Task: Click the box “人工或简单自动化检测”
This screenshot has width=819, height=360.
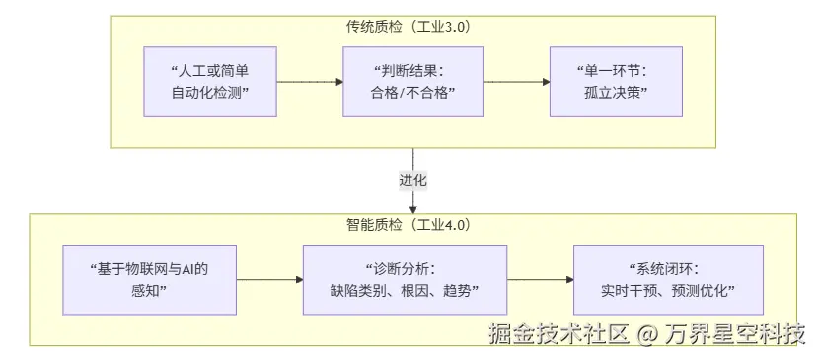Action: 210,83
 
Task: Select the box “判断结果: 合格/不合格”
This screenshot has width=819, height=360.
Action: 411,83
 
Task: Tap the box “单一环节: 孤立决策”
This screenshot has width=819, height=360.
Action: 616,83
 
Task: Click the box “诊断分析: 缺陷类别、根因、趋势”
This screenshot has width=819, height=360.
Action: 404,278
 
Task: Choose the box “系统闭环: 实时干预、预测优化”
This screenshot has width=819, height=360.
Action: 669,278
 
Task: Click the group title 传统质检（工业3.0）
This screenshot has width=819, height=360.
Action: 413,28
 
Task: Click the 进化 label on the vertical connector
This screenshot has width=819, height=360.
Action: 413,181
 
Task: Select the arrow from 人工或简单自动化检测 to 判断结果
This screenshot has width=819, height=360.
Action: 308,83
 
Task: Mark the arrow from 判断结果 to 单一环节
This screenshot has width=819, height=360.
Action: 514,83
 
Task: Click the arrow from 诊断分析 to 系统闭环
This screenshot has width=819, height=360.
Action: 540,279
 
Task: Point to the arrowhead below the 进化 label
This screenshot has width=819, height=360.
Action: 413,207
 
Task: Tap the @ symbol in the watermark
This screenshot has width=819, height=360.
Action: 646,335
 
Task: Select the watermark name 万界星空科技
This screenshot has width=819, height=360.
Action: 734,335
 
